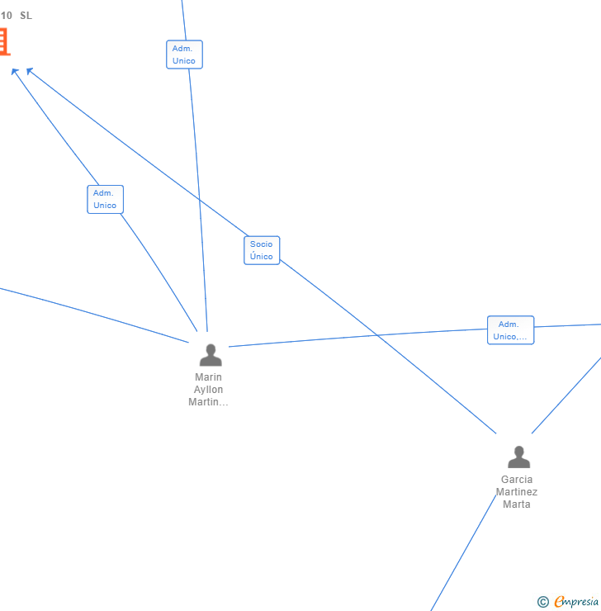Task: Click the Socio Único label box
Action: click(x=262, y=250)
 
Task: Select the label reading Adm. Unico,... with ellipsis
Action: click(x=510, y=330)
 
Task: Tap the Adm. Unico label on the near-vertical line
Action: click(x=184, y=54)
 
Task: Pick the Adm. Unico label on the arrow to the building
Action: click(x=105, y=199)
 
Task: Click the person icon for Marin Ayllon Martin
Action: click(x=211, y=355)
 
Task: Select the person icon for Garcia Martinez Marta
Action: click(x=518, y=457)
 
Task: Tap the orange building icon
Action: click(x=3, y=41)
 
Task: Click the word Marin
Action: click(x=208, y=377)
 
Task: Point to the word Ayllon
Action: click(x=208, y=390)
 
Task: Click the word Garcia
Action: click(x=517, y=480)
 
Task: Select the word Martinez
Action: click(x=517, y=492)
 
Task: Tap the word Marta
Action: click(x=517, y=504)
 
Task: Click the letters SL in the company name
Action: click(x=26, y=16)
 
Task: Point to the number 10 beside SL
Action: click(x=7, y=16)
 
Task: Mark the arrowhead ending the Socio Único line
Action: click(x=30, y=71)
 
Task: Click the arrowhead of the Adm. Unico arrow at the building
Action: click(x=15, y=72)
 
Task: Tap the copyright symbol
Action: click(x=543, y=602)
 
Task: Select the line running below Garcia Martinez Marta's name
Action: click(x=462, y=553)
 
